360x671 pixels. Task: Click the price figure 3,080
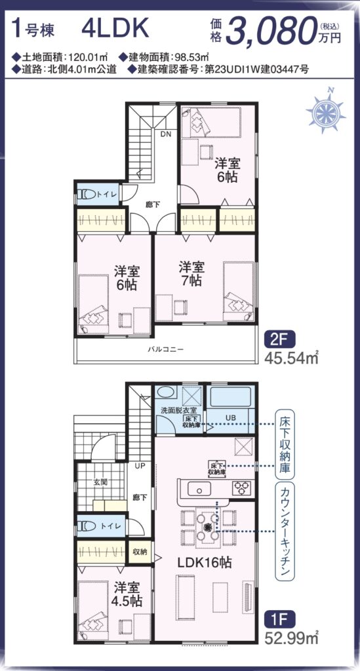pos(271,31)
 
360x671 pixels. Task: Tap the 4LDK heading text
pos(115,29)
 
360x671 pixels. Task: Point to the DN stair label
pos(166,134)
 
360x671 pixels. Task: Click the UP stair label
pos(140,465)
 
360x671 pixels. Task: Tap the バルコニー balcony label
pos(166,349)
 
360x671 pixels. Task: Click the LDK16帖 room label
pos(205,562)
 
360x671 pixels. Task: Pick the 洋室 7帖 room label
pos(191,274)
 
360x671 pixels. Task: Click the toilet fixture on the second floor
pos(87,195)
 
